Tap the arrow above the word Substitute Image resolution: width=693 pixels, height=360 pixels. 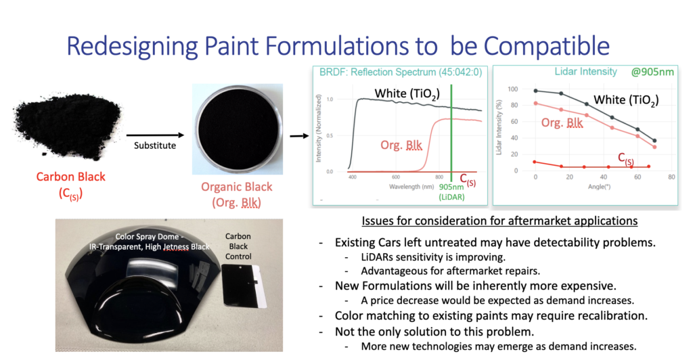pyautogui.click(x=155, y=135)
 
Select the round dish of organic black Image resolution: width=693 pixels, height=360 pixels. pyautogui.click(x=238, y=129)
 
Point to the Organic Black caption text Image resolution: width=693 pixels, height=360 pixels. pyautogui.click(x=236, y=194)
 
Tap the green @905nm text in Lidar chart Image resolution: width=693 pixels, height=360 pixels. pyautogui.click(x=652, y=72)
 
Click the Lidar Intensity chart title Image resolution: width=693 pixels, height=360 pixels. pyautogui.click(x=585, y=72)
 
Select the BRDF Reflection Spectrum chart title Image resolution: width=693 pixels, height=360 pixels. pyautogui.click(x=401, y=72)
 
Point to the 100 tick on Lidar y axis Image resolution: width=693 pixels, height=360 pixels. pyautogui.click(x=513, y=89)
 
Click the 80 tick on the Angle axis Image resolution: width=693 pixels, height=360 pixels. pyautogui.click(x=671, y=177)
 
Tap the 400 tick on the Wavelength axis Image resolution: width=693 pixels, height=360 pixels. pyautogui.click(x=352, y=177)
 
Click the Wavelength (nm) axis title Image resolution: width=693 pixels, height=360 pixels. pyautogui.click(x=411, y=187)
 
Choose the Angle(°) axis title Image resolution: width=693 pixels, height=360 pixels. pyautogui.click(x=600, y=187)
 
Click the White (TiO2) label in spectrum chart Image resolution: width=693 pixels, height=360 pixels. pyautogui.click(x=407, y=94)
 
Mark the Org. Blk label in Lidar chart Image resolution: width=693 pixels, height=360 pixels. pyautogui.click(x=562, y=122)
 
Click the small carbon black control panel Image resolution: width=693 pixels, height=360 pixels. pyautogui.click(x=243, y=286)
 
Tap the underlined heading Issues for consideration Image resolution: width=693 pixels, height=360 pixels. pyautogui.click(x=499, y=221)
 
